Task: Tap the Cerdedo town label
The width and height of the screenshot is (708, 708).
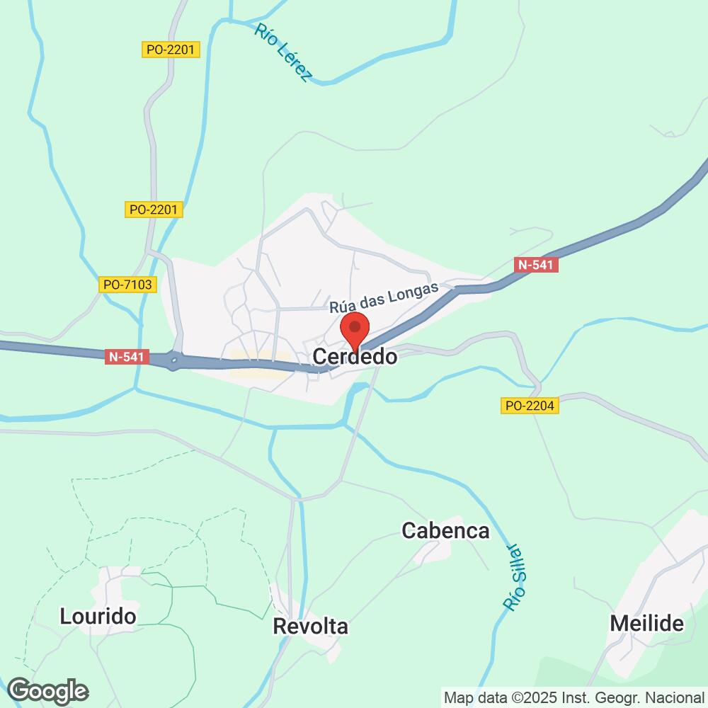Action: (x=355, y=358)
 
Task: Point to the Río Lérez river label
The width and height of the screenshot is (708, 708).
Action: (x=282, y=51)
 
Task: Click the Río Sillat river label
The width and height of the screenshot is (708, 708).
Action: (x=518, y=578)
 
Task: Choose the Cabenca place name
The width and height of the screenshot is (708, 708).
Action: (x=445, y=530)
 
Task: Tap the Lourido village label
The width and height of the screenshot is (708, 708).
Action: (x=98, y=616)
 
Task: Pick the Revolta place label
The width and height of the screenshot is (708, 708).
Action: (x=311, y=627)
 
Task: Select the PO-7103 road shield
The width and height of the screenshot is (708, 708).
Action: (x=127, y=285)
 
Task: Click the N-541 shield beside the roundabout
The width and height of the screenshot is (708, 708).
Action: (x=128, y=358)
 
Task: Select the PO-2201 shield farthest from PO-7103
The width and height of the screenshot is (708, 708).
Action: (x=171, y=50)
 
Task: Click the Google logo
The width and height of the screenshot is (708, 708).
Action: (x=48, y=690)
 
